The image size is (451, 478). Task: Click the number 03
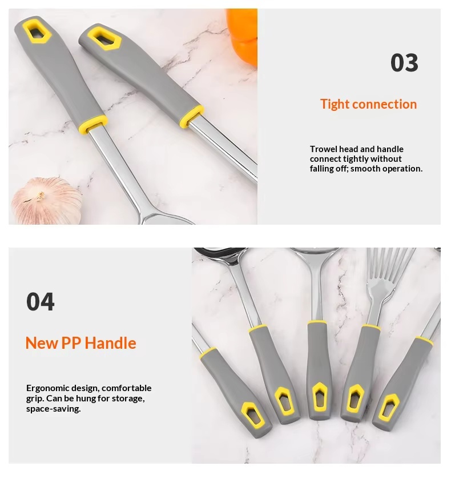click(404, 63)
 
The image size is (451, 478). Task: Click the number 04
click(41, 301)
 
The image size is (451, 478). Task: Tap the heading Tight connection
click(368, 104)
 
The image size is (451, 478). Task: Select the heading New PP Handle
click(80, 343)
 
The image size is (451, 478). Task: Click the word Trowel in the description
click(322, 149)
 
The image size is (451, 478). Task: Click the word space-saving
click(53, 409)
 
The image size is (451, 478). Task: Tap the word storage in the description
click(128, 398)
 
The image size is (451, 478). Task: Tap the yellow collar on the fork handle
click(370, 328)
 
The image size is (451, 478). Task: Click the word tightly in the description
click(355, 159)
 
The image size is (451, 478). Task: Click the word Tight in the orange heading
click(335, 104)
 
